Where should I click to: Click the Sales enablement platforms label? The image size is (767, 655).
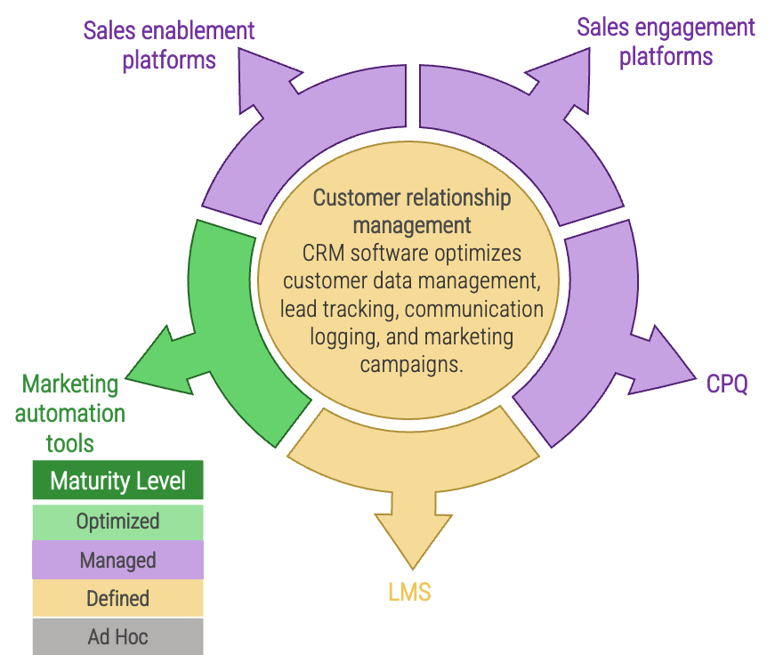click(169, 44)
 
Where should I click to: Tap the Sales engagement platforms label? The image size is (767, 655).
click(666, 42)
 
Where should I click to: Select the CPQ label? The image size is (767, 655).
click(727, 384)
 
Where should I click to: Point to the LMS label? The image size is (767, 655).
click(409, 592)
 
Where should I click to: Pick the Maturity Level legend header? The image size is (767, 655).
click(117, 481)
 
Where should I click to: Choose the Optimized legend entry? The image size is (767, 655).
click(117, 522)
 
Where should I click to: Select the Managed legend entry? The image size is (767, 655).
click(117, 561)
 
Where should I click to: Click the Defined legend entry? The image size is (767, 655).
click(117, 599)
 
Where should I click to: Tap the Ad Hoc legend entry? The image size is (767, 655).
click(117, 636)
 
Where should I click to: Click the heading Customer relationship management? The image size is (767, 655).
click(411, 211)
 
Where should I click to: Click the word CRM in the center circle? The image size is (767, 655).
click(323, 253)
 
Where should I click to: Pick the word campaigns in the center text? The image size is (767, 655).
click(411, 365)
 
